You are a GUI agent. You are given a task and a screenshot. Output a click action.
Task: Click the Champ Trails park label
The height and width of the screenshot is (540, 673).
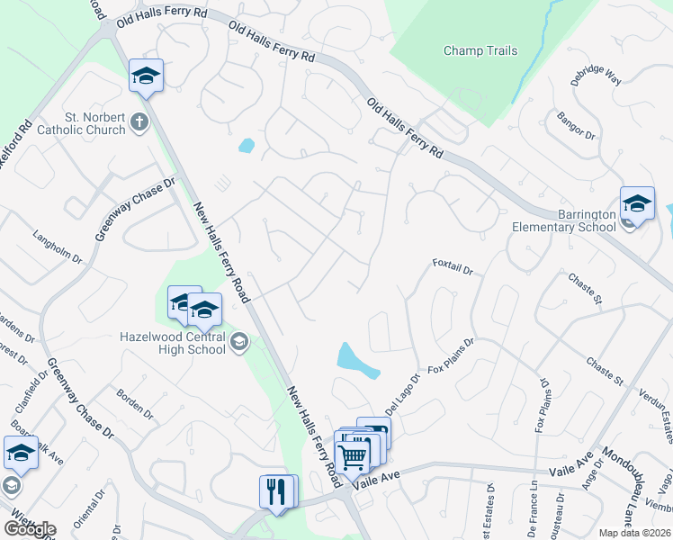480,50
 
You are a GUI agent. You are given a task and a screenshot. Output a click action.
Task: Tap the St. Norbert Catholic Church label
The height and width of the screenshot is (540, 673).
81,123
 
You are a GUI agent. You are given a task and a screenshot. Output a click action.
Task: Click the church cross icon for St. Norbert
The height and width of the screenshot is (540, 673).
139,122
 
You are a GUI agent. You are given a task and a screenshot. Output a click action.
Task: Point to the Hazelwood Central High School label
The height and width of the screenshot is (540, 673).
173,343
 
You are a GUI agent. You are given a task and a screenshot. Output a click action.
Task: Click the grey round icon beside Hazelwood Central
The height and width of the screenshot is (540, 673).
239,341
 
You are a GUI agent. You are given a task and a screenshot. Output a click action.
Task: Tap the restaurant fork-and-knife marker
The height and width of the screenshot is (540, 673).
277,491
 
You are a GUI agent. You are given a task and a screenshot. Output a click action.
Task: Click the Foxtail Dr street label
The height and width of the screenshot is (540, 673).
453,265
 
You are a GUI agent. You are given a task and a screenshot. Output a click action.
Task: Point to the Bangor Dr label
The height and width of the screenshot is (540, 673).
577,124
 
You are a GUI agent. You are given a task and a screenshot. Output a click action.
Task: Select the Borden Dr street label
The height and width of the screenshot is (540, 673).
135,403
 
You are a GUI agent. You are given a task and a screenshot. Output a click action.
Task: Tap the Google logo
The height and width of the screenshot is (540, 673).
30,529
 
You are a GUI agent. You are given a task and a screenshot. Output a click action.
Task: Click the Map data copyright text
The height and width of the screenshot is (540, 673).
634,533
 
